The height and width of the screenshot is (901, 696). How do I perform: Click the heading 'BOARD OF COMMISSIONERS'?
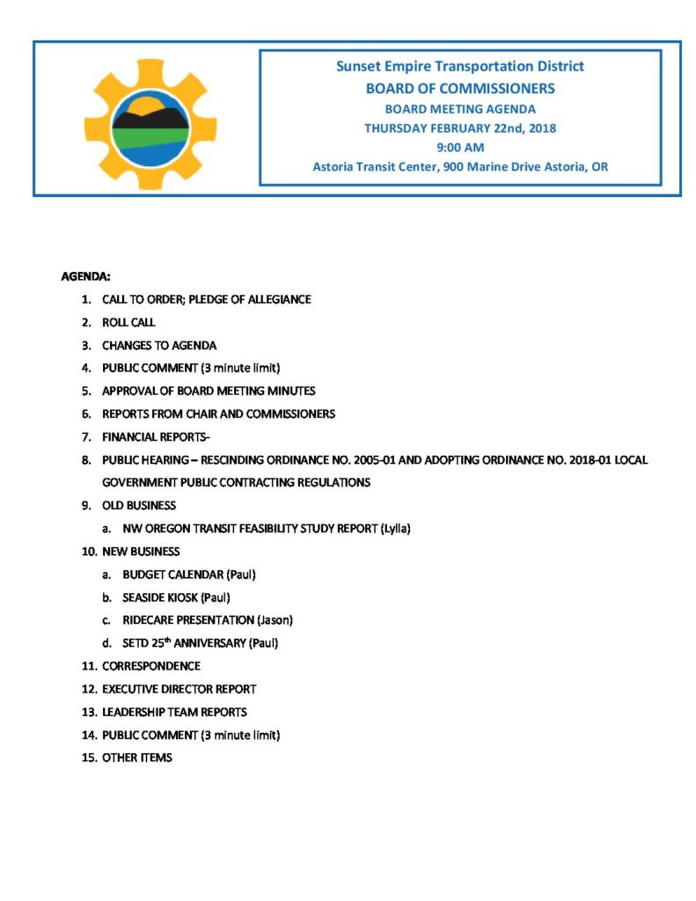tap(460, 88)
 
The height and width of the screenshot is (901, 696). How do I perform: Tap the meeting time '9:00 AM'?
tap(460, 147)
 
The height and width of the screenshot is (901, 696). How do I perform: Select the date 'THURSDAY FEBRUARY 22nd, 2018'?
tap(460, 128)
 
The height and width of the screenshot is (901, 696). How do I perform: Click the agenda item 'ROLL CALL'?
tap(128, 323)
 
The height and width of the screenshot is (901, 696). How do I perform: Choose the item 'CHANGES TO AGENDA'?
tap(159, 346)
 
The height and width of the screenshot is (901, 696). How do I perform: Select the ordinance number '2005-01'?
tap(361, 460)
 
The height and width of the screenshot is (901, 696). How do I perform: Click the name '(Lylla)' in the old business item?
tap(396, 529)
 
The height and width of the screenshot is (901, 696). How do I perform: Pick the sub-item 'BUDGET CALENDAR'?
tap(172, 575)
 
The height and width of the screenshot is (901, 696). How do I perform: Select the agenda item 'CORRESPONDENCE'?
tap(151, 666)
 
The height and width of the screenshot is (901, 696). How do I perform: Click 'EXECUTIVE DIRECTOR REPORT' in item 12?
tap(179, 689)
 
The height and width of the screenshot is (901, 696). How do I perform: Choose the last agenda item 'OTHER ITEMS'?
tap(137, 758)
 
